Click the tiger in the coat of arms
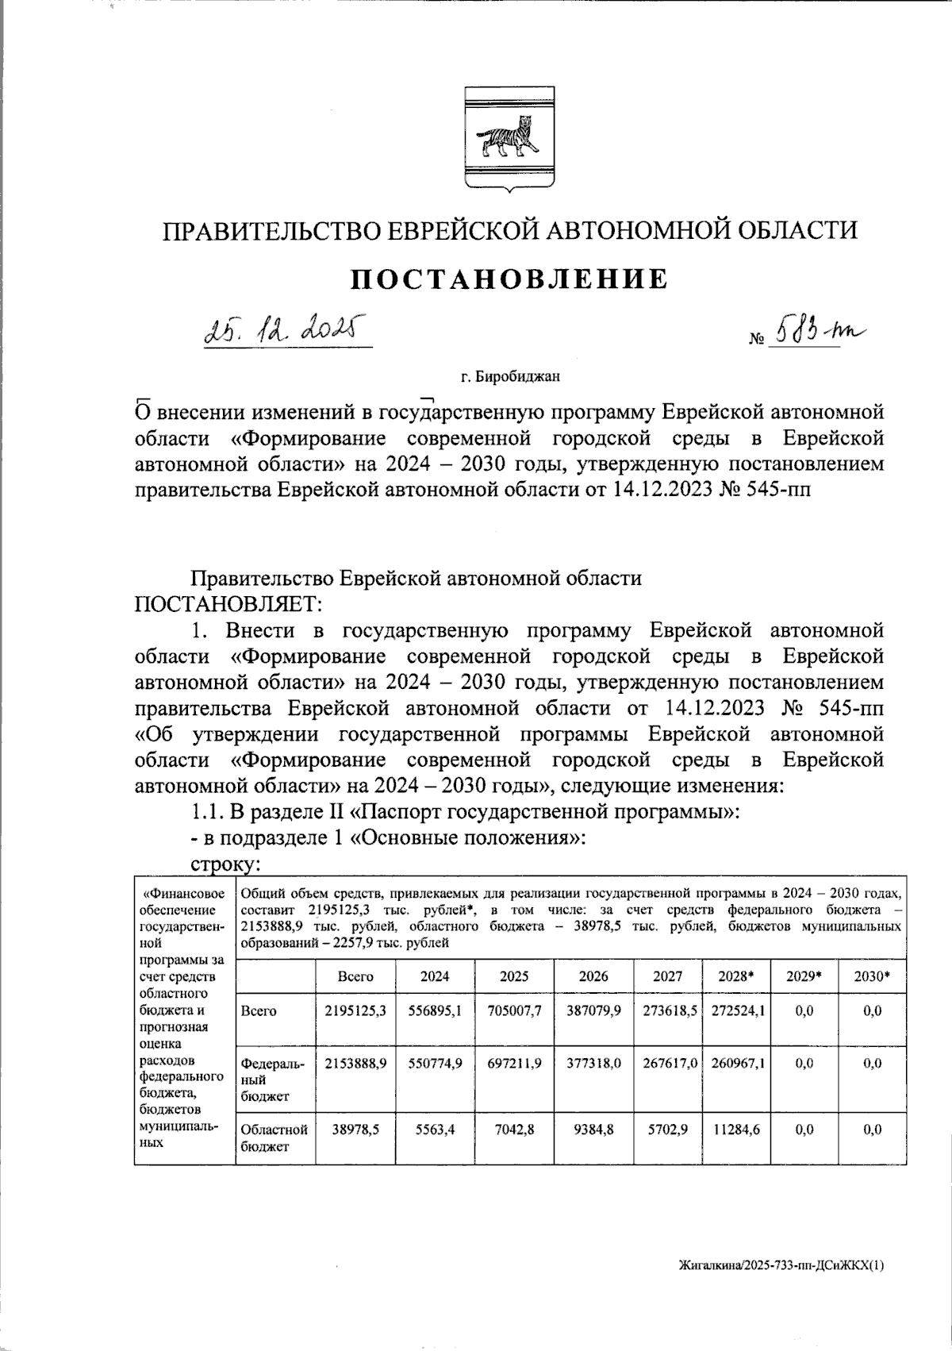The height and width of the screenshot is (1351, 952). [x=508, y=138]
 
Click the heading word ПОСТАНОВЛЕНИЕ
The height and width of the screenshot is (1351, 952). [x=509, y=279]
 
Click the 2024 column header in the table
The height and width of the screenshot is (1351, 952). [x=434, y=977]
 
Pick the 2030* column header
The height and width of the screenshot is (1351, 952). [x=870, y=977]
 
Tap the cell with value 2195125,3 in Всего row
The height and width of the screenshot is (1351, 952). [x=355, y=1010]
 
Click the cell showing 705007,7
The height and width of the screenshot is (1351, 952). [x=514, y=1010]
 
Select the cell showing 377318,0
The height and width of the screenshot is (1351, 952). [x=593, y=1064]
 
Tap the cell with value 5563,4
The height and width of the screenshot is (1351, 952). [x=434, y=1130]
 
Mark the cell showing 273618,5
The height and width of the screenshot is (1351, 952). [x=667, y=1010]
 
